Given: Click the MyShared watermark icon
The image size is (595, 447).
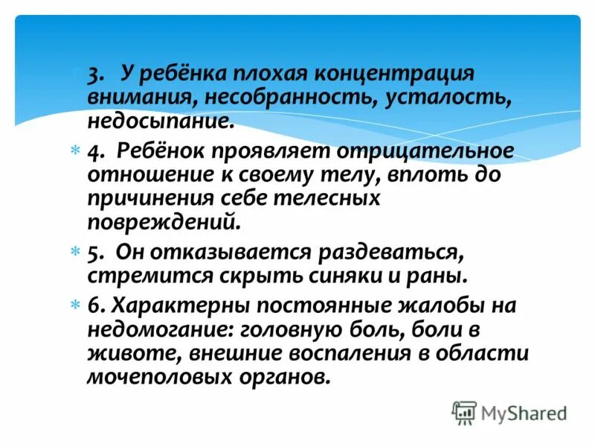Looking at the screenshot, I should click(x=464, y=411).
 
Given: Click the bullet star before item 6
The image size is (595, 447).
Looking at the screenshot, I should click(x=74, y=305).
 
